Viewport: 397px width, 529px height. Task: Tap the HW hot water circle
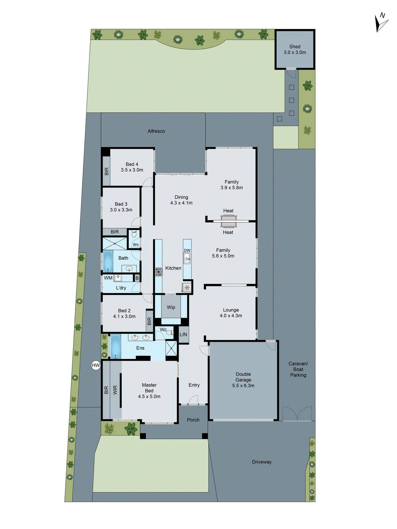pos(96,365)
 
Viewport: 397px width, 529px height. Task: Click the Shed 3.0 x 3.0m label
pos(294,50)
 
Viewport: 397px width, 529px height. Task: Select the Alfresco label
pos(156,131)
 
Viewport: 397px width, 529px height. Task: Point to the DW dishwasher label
pos(187,250)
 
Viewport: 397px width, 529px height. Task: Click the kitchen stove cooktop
pos(159,272)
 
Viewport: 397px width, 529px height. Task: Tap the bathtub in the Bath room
pos(108,262)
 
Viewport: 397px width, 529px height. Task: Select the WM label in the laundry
pos(108,278)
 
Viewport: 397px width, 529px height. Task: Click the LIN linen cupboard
pos(183,335)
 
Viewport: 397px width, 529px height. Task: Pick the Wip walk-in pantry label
pos(171,307)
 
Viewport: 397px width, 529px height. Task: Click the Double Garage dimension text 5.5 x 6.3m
pos(243,386)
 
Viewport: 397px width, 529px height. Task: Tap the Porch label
pos(193,420)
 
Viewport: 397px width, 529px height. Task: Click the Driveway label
pos(262,462)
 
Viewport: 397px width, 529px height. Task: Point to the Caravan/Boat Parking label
pos(298,369)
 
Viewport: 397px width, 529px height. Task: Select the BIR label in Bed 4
pos(107,171)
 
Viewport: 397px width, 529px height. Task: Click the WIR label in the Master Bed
pos(115,390)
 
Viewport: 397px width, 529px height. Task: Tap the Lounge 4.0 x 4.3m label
pos(231,313)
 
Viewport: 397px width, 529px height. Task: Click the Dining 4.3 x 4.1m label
pos(181,200)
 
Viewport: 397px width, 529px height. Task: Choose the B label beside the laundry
pos(137,278)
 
